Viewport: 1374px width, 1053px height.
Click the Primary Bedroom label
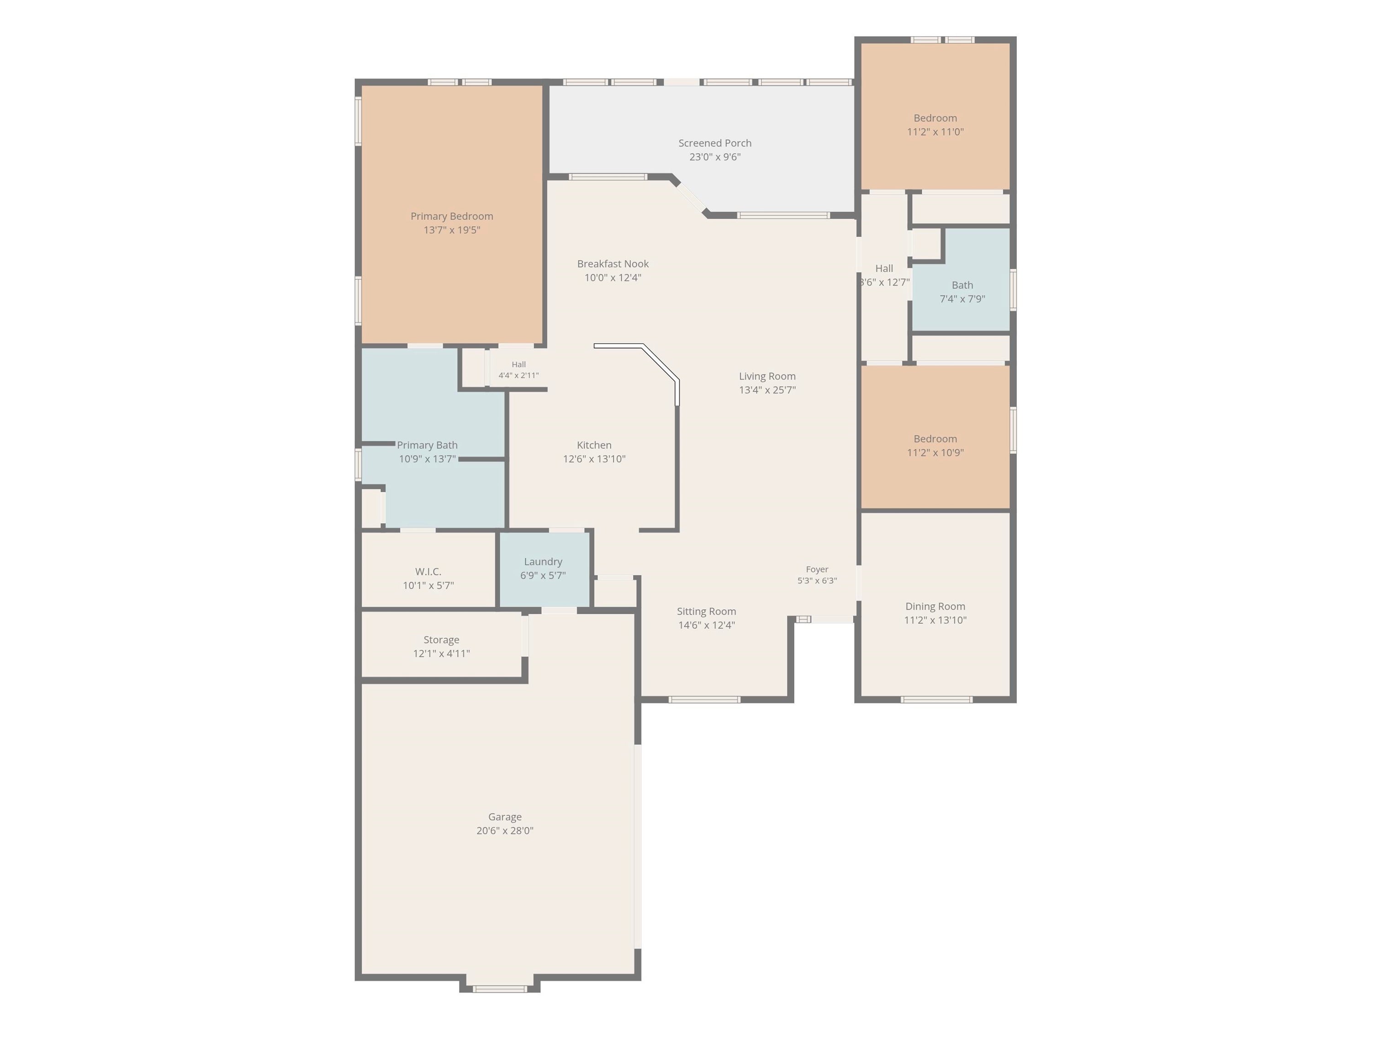pos(451,216)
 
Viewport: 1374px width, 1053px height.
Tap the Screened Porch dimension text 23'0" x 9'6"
pos(715,157)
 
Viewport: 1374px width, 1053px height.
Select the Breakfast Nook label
pos(612,264)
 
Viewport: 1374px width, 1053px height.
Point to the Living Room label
pos(767,376)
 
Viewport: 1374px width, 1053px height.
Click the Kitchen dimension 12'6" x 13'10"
pos(594,459)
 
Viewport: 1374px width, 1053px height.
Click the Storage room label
pos(441,640)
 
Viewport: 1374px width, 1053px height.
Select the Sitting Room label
pos(706,611)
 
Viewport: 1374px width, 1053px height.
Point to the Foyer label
pos(817,569)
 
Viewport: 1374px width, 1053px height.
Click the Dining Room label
pos(935,606)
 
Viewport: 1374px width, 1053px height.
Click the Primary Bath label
pos(427,445)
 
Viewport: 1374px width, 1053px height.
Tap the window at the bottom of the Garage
pos(499,989)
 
